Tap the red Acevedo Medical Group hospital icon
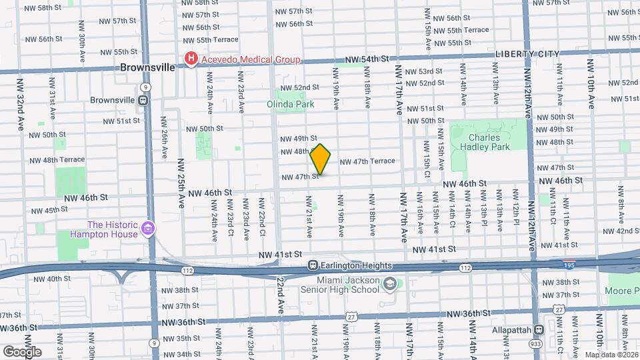[191, 60]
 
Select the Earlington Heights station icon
[312, 265]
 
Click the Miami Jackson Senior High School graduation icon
[389, 285]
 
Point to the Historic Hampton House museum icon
[147, 229]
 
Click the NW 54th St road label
[366, 60]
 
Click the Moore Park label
[623, 291]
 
